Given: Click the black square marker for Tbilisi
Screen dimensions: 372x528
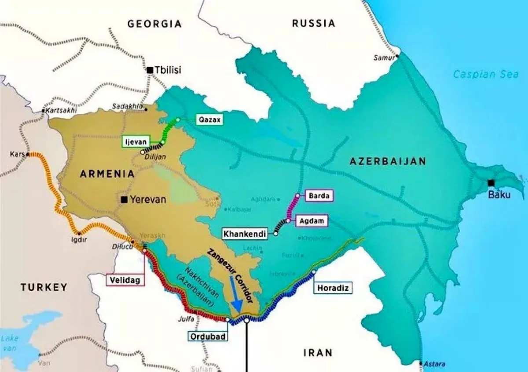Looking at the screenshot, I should (x=150, y=70).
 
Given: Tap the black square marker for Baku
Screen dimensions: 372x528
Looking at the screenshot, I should (x=491, y=183).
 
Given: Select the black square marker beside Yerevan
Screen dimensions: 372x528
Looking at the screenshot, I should (x=125, y=199).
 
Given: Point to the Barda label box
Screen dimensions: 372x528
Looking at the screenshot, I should (x=319, y=196).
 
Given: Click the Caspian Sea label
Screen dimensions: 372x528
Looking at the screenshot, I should (x=486, y=74).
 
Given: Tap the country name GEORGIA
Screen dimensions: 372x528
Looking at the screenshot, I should (x=154, y=24).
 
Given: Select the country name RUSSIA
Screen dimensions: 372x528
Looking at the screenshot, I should (x=313, y=23).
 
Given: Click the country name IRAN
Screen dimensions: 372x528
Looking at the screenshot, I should (x=318, y=352).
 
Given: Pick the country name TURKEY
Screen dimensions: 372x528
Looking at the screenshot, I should (x=44, y=287).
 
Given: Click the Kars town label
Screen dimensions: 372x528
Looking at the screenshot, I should (x=17, y=155).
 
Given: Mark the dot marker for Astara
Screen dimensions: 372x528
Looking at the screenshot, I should (x=421, y=364).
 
